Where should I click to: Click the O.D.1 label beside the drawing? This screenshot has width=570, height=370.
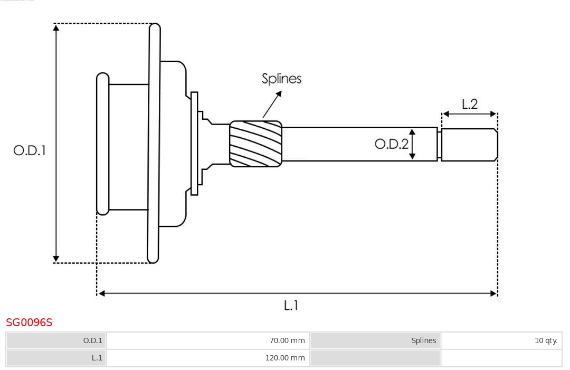pyautogui.click(x=30, y=150)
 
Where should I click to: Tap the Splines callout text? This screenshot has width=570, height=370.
pyautogui.click(x=281, y=79)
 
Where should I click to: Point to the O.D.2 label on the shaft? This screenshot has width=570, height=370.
pyautogui.click(x=391, y=144)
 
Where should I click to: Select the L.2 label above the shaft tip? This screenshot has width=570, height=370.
pyautogui.click(x=469, y=104)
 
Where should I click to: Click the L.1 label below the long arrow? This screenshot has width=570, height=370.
pyautogui.click(x=291, y=305)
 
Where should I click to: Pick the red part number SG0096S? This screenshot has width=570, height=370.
pyautogui.click(x=29, y=322)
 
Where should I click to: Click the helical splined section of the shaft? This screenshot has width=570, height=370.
pyautogui.click(x=255, y=144)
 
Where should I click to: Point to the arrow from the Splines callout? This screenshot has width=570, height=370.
pyautogui.click(x=272, y=104)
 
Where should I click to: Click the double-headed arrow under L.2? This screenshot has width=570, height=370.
pyautogui.click(x=469, y=114)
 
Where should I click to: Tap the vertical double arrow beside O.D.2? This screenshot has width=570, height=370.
pyautogui.click(x=413, y=144)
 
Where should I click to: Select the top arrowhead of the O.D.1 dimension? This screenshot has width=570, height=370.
pyautogui.click(x=56, y=27)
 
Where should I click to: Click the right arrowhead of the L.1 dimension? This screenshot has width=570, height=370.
pyautogui.click(x=493, y=293)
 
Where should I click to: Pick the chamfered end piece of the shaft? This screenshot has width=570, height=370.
pyautogui.click(x=469, y=145)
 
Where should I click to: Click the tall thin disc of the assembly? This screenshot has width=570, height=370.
pyautogui.click(x=154, y=143)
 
